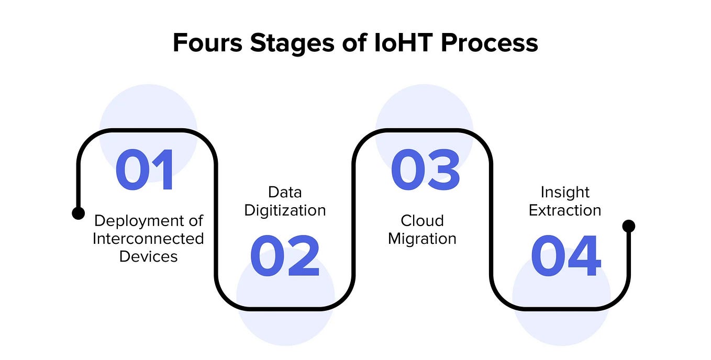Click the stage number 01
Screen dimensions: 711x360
(x=145, y=170)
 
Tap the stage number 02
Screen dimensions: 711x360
(x=285, y=256)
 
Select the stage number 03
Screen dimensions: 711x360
(x=425, y=170)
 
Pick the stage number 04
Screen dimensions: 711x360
(x=566, y=256)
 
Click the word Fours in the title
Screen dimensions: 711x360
(x=207, y=43)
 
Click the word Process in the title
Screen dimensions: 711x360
(x=489, y=43)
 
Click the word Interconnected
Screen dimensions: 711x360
(x=148, y=239)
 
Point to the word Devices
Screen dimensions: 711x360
(x=148, y=256)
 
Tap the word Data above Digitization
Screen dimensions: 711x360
(x=285, y=192)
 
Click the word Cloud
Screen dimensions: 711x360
(x=422, y=220)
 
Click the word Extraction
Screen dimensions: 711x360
(x=565, y=210)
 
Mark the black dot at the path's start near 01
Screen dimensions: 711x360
(x=78, y=213)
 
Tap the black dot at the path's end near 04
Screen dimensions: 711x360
(x=628, y=226)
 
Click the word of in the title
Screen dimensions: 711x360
(x=354, y=43)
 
